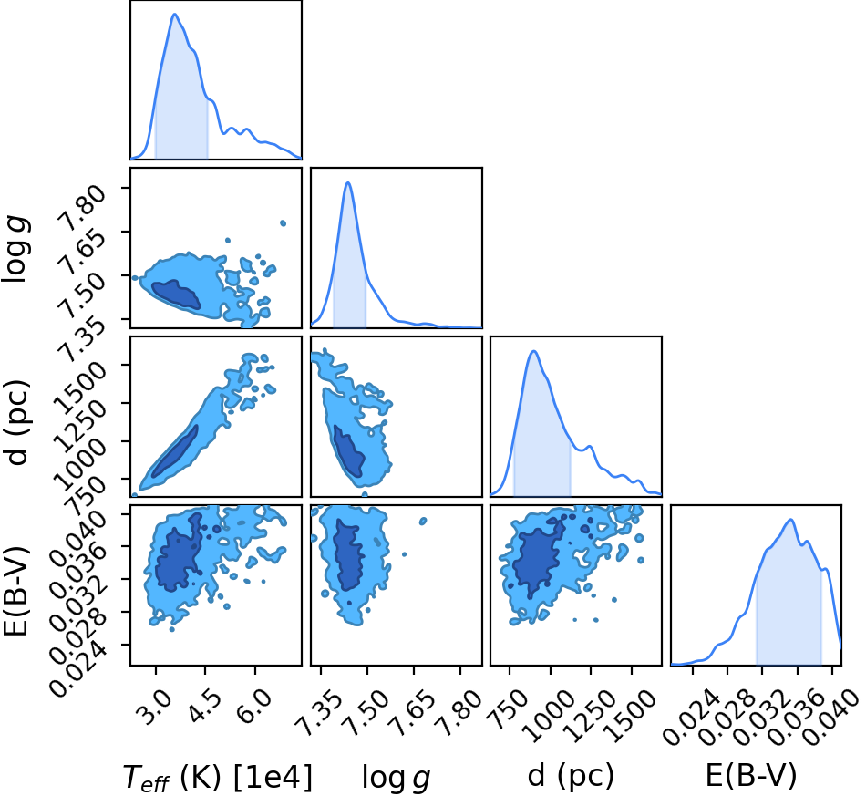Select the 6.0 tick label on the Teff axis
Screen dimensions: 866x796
point(256,707)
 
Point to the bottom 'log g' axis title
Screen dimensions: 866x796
point(396,778)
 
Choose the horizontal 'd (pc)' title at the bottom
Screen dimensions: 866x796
point(571,776)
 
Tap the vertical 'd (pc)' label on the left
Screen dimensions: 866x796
point(15,422)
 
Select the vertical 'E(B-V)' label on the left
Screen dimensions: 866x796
point(15,591)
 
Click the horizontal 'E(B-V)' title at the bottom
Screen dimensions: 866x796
point(751,776)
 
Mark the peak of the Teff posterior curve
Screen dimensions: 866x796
point(174,14)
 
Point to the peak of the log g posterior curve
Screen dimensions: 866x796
point(348,183)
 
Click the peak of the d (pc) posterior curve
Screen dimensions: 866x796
point(534,351)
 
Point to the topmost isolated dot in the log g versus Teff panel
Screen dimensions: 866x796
point(284,223)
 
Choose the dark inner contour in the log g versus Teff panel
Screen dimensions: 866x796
point(176,294)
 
